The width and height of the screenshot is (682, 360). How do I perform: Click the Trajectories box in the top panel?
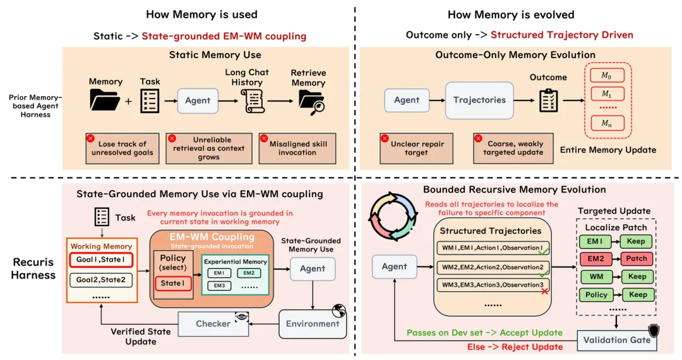click(479, 100)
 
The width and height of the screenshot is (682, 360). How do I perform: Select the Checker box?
click(213, 323)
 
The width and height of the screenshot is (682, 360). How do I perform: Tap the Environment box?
click(313, 324)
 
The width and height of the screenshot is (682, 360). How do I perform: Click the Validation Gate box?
click(617, 340)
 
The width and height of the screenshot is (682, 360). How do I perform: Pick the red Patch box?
click(637, 259)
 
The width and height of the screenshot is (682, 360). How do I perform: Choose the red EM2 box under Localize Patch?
click(595, 259)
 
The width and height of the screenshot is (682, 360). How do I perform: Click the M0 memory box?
click(607, 75)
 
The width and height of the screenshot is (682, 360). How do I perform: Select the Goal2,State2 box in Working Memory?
click(101, 280)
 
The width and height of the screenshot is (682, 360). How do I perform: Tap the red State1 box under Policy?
click(172, 284)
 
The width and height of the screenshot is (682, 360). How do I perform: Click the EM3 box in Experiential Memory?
click(219, 285)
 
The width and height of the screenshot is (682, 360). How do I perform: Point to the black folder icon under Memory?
click(105, 100)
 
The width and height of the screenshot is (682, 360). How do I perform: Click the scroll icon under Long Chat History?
click(253, 101)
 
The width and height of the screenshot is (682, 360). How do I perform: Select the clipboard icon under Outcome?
click(549, 100)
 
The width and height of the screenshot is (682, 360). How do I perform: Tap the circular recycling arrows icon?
click(393, 217)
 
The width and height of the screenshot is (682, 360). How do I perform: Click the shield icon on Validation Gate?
click(654, 330)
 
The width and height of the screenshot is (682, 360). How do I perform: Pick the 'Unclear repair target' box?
click(416, 148)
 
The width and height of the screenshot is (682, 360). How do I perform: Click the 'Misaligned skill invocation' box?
click(297, 148)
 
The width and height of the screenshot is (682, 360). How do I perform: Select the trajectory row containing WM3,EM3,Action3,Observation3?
click(493, 285)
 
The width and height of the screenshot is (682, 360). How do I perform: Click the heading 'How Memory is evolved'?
click(511, 15)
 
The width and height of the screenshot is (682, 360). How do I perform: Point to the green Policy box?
click(596, 295)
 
